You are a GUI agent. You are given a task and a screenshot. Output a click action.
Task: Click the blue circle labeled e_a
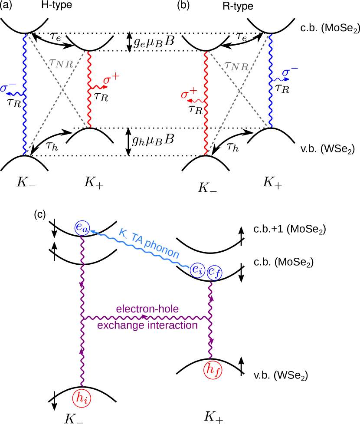[x=82, y=228]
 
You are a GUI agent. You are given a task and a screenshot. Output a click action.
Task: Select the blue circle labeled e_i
[x=197, y=271]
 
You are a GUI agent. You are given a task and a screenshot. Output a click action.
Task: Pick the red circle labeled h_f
[x=213, y=370]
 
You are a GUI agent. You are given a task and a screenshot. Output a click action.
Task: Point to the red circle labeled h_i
[x=82, y=398]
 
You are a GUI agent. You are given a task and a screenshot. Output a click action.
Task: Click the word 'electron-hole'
[x=147, y=309]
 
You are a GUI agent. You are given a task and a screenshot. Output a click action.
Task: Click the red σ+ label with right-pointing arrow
[x=111, y=80]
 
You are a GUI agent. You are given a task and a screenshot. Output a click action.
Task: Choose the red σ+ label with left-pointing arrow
[x=189, y=94]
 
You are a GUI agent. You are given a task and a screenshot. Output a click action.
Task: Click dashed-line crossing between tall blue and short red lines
[x=63, y=89]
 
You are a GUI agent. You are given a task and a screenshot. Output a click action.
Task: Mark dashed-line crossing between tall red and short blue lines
[x=239, y=90]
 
